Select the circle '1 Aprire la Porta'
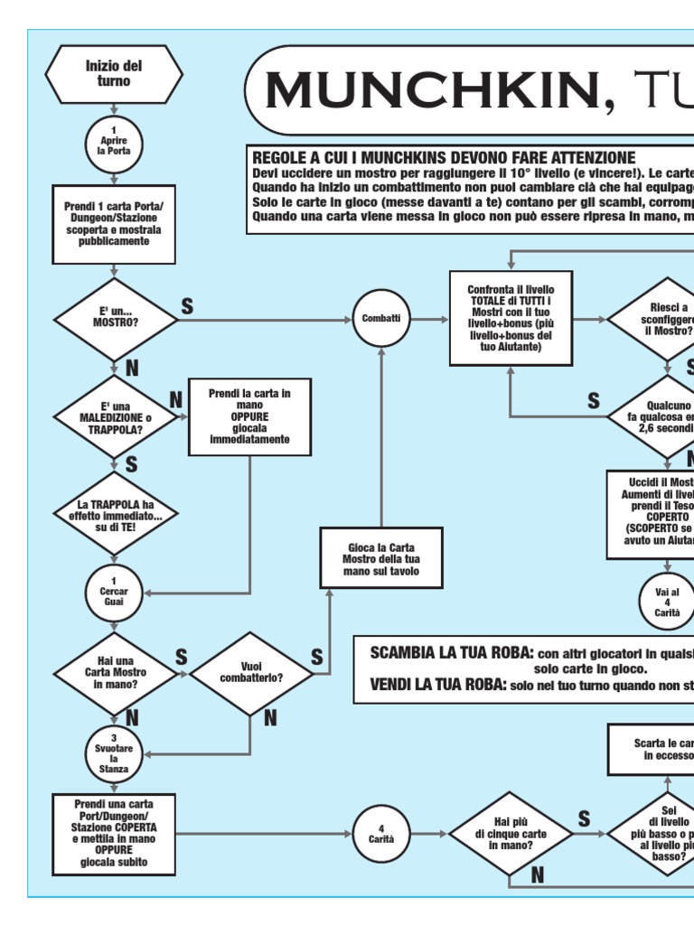[x=114, y=143]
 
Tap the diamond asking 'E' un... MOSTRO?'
[x=114, y=317]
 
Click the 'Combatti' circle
[x=380, y=318]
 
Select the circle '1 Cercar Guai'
[x=114, y=592]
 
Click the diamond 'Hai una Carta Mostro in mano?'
[x=114, y=673]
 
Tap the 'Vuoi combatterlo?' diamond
[x=250, y=672]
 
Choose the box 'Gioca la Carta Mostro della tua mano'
[x=380, y=559]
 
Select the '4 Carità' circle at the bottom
[x=380, y=833]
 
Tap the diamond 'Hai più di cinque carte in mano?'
[x=511, y=833]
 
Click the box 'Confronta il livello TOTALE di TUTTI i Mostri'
[x=511, y=318]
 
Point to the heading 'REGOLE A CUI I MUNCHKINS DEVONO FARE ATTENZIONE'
[x=443, y=157]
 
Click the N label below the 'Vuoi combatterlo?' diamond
[x=269, y=717]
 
